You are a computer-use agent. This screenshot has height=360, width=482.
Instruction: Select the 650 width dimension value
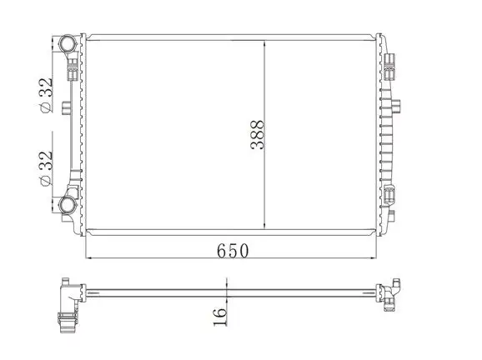coord(233,249)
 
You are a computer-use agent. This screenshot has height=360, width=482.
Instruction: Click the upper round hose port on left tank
coord(66,43)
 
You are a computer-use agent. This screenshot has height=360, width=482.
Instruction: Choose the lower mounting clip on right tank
coord(391,196)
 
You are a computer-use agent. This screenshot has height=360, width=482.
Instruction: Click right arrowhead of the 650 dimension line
coord(379,258)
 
